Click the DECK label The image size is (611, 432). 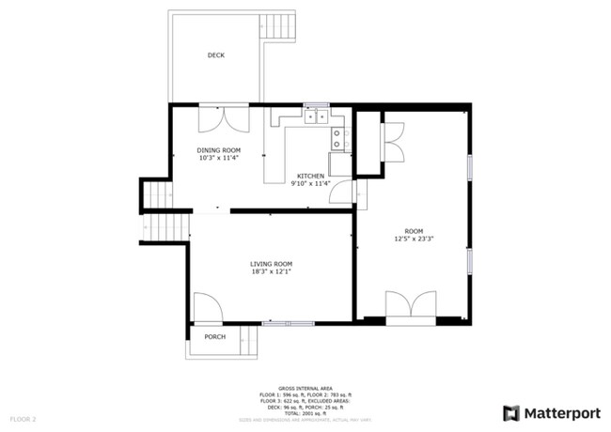pos(216,55)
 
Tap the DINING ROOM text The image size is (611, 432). pos(218,150)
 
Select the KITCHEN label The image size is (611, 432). pos(311,177)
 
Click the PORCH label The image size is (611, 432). pos(214,337)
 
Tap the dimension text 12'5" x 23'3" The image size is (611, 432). pos(414,239)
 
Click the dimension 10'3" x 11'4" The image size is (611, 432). pos(218,158)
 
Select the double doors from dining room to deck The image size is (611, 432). pos(223,118)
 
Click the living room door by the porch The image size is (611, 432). pos(207,308)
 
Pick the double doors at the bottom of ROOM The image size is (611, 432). pos(411,307)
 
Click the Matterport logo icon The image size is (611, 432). pos(511,413)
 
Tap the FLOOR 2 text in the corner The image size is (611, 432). pos(23,418)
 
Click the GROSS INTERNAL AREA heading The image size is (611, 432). pos(305,386)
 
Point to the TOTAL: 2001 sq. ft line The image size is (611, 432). pos(305,413)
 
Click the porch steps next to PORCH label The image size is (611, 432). pos(249,341)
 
